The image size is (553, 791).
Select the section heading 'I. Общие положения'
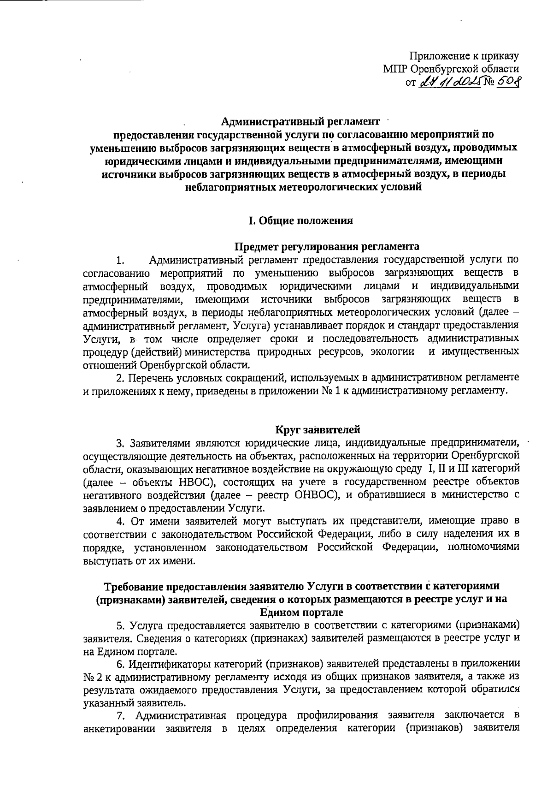tap(300, 220)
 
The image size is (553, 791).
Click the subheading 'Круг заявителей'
tap(318, 430)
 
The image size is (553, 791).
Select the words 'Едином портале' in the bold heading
tap(302, 613)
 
